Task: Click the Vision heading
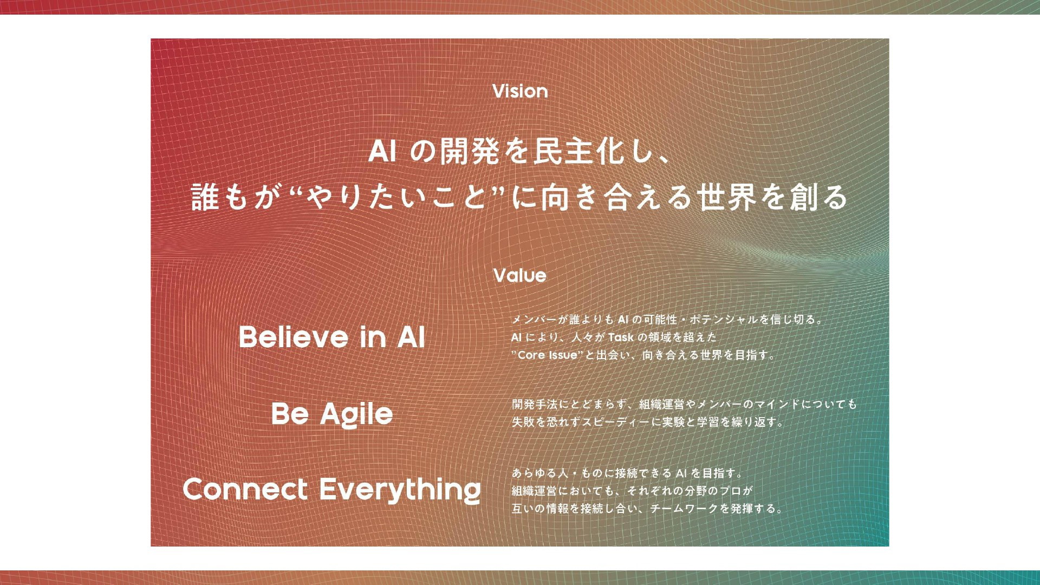pyautogui.click(x=520, y=91)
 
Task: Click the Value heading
pyautogui.click(x=520, y=275)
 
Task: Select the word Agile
pyautogui.click(x=356, y=415)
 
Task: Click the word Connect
pyautogui.click(x=245, y=489)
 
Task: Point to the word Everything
pyautogui.click(x=400, y=490)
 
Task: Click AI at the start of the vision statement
pyautogui.click(x=382, y=151)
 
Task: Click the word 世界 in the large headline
pyautogui.click(x=726, y=196)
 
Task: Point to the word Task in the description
pyautogui.click(x=621, y=337)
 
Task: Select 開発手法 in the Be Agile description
pyautogui.click(x=535, y=404)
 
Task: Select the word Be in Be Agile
pyautogui.click(x=290, y=414)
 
